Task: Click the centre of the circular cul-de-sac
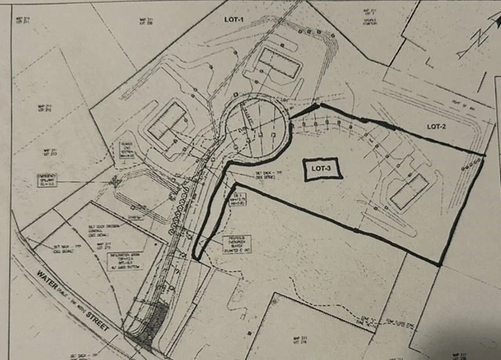(252, 128)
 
